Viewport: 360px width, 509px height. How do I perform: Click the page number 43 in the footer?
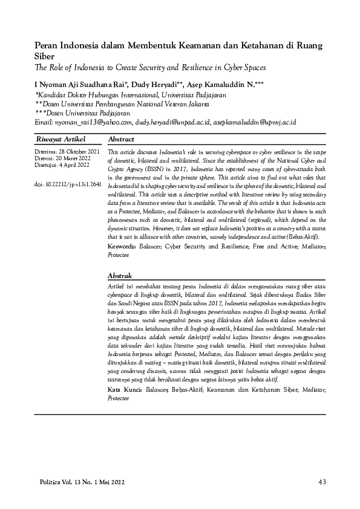[322, 482]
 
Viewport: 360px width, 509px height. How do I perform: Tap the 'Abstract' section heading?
[121, 139]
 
